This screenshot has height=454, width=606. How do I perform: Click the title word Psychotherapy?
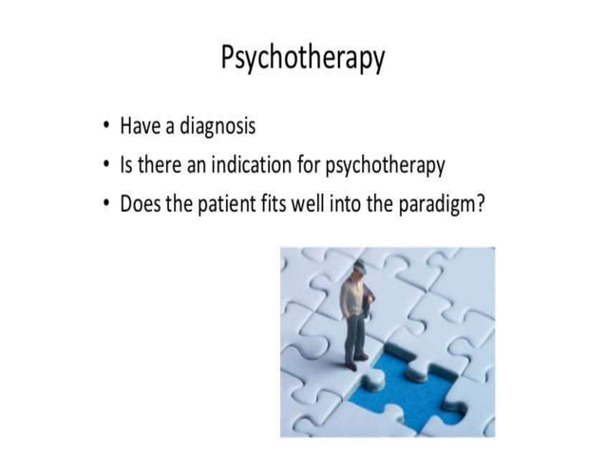(x=302, y=59)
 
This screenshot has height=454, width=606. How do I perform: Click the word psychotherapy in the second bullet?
(x=385, y=166)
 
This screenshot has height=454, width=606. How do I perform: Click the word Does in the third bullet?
(x=140, y=204)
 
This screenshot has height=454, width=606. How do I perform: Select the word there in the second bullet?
(x=162, y=165)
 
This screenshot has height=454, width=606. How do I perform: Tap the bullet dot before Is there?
(x=107, y=167)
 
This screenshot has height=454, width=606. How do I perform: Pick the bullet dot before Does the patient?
(x=107, y=206)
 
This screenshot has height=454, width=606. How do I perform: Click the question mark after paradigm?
(x=478, y=204)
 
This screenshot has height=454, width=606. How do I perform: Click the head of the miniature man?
(x=359, y=269)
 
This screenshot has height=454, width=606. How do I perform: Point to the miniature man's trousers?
(x=354, y=334)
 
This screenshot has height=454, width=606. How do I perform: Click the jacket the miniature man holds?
(x=369, y=302)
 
